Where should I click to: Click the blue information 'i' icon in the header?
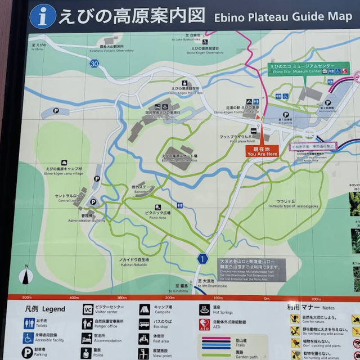pyautogui.click(x=43, y=16)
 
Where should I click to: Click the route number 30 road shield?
pyautogui.click(x=93, y=64)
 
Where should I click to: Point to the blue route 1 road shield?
pyautogui.click(x=202, y=258)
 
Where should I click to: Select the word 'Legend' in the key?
pyautogui.click(x=54, y=309)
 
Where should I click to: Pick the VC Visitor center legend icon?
pyautogui.click(x=88, y=309)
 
